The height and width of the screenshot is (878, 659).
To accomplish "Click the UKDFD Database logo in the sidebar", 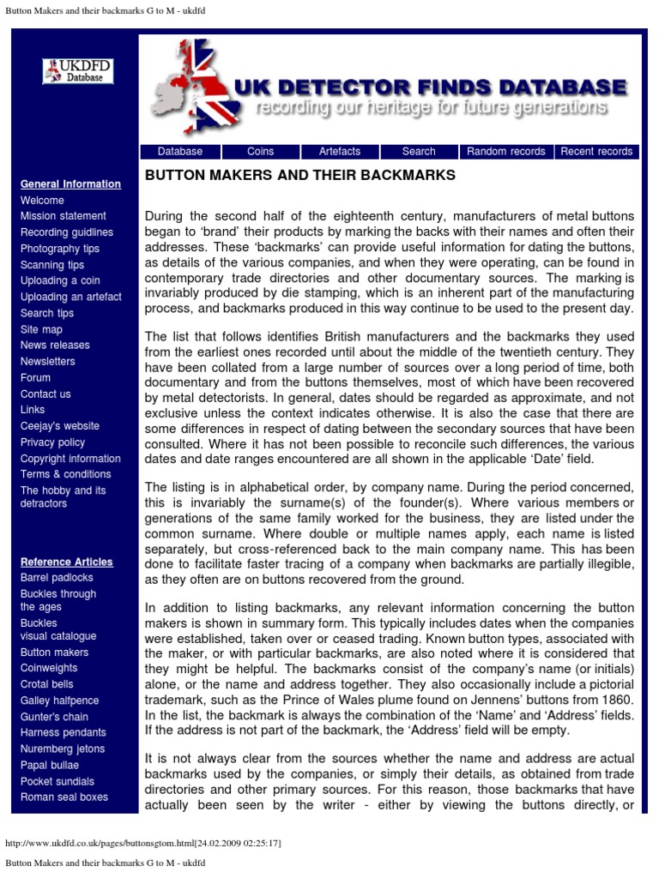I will [78, 71].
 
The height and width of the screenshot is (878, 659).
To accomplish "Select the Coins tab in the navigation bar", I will [260, 152].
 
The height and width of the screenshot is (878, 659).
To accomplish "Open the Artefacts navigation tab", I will [340, 152].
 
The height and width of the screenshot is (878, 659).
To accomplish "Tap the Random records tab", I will [505, 152].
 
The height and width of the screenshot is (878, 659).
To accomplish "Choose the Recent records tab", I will [596, 152].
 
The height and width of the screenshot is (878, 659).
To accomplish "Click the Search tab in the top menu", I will [419, 152].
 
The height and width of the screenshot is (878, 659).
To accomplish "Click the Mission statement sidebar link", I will [63, 216].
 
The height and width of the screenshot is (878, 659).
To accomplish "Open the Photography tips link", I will [60, 249].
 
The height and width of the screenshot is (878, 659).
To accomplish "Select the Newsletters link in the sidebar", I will [48, 361].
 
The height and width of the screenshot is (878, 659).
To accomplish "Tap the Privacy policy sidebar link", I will [53, 442].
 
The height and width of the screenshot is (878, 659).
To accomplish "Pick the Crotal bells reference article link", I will [47, 684].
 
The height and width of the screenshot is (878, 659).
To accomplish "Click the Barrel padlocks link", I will [57, 578].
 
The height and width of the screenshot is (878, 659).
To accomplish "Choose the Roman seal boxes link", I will [64, 797].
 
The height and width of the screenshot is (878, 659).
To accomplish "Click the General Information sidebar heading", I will [70, 184].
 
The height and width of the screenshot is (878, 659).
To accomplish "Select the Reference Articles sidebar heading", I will [67, 562].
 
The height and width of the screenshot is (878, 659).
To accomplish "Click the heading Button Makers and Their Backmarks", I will [299, 176].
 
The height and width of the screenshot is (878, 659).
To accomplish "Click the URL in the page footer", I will [143, 844].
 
